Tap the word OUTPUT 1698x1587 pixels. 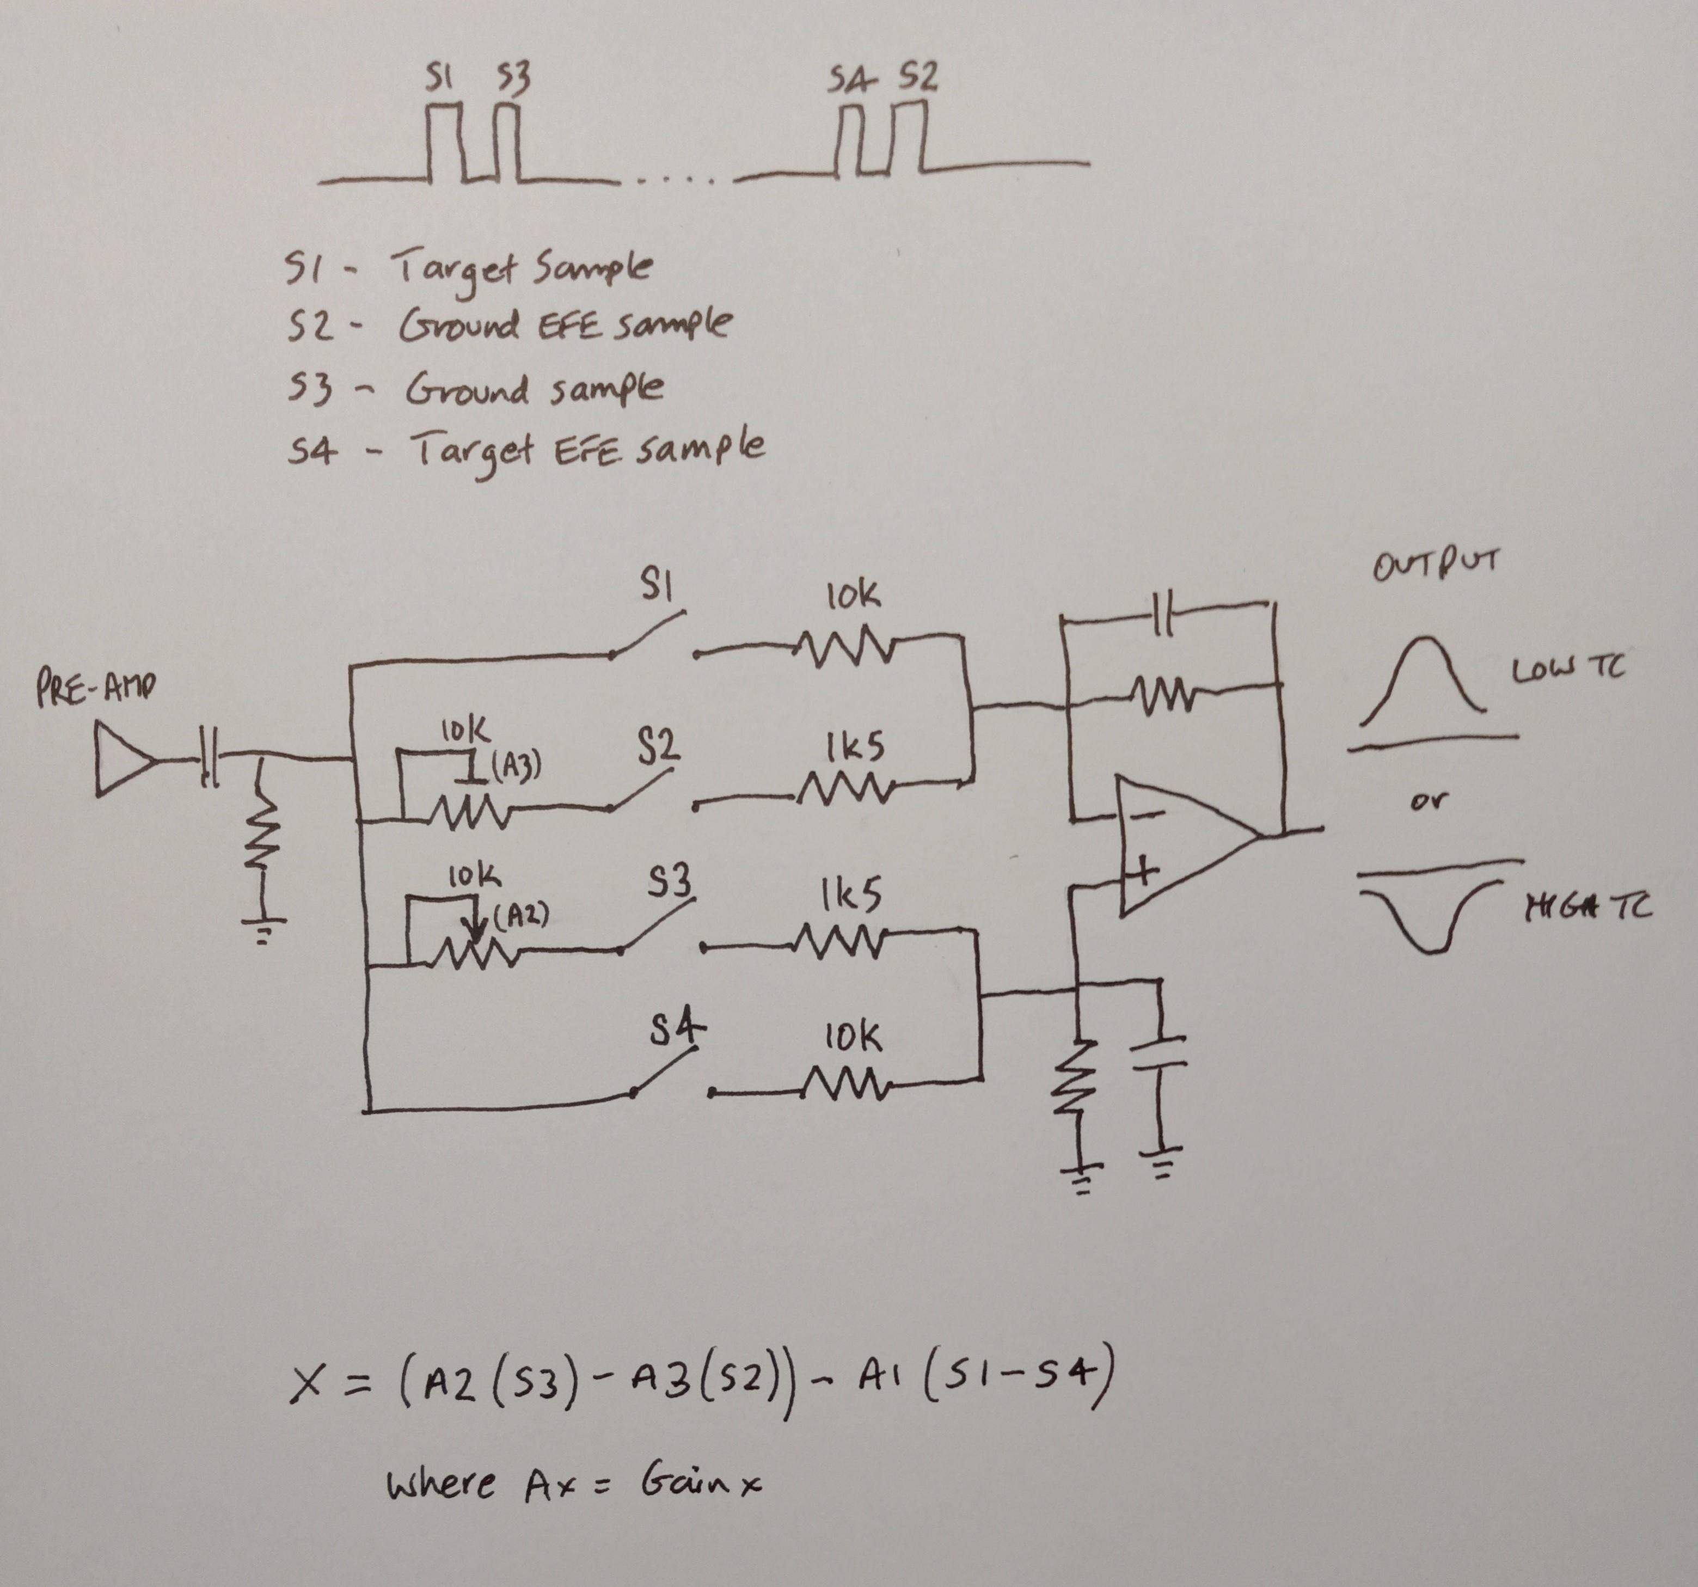click(x=1435, y=566)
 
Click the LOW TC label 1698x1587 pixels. click(x=1567, y=671)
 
